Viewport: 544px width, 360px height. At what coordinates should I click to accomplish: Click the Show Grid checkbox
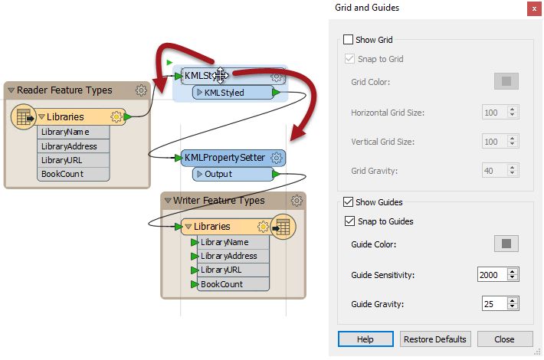pyautogui.click(x=349, y=40)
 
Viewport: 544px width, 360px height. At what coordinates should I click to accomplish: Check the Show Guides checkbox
pyautogui.click(x=349, y=202)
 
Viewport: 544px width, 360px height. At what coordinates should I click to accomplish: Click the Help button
pyautogui.click(x=365, y=339)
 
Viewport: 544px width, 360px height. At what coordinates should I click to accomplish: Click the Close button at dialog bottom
pyautogui.click(x=504, y=339)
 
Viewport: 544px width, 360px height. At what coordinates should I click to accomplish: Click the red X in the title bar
pyautogui.click(x=531, y=8)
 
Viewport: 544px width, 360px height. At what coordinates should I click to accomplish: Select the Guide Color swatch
pyautogui.click(x=506, y=244)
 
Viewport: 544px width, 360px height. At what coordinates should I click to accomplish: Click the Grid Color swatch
pyautogui.click(x=506, y=82)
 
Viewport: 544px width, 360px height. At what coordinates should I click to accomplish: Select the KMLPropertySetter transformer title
pyautogui.click(x=224, y=157)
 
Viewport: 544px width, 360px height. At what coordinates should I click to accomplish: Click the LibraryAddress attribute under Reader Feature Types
pyautogui.click(x=74, y=146)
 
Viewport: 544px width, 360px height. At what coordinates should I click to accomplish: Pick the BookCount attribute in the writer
pyautogui.click(x=221, y=284)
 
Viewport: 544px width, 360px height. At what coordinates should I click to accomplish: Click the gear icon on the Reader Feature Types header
pyautogui.click(x=141, y=90)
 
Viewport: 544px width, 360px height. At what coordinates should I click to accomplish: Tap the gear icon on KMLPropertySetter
pyautogui.click(x=277, y=157)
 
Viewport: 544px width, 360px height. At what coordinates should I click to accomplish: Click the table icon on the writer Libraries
pyautogui.click(x=283, y=227)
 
